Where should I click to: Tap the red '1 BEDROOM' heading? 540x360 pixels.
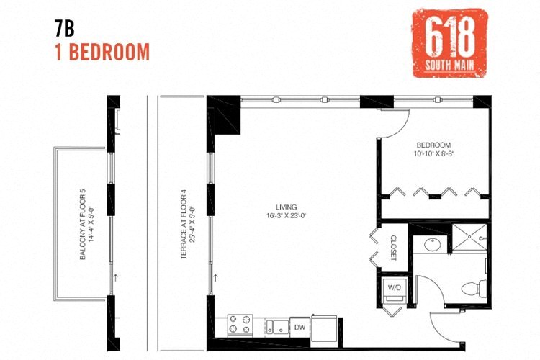click(x=102, y=52)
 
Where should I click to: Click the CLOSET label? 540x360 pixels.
click(x=394, y=247)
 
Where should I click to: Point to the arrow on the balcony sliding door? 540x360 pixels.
click(x=114, y=276)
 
